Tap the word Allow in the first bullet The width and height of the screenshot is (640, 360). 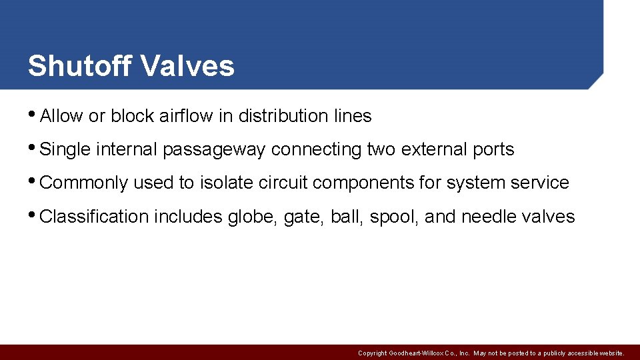pos(62,116)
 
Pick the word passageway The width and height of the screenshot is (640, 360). pos(214,150)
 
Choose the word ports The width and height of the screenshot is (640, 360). pos(494,150)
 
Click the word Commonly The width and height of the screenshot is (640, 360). pos(84,183)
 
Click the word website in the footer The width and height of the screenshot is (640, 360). pos(611,353)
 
